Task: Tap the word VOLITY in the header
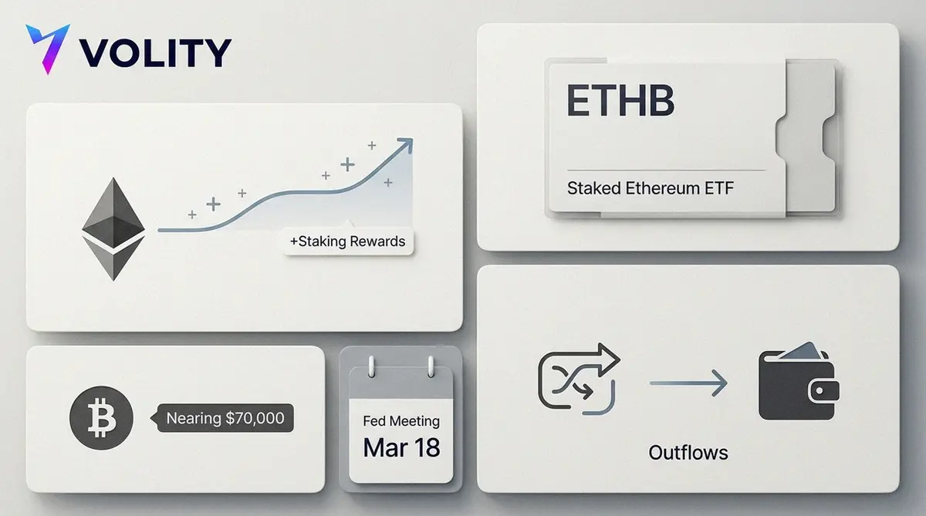pos(155,52)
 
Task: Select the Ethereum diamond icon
pos(113,229)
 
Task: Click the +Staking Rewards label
pos(348,241)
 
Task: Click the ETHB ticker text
pos(620,100)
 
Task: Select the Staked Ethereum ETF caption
pos(651,188)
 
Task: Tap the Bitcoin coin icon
pos(101,418)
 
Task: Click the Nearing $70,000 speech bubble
pos(222,418)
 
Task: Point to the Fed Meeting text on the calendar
pos(401,421)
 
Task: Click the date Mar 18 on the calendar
pos(401,447)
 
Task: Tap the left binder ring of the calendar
pos(372,366)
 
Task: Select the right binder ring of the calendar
pos(431,366)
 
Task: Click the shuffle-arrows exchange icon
pos(579,379)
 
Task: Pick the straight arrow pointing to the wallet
pos(688,383)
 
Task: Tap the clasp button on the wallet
pos(820,391)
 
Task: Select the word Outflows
pos(688,453)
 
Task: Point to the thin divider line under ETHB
pos(666,170)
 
